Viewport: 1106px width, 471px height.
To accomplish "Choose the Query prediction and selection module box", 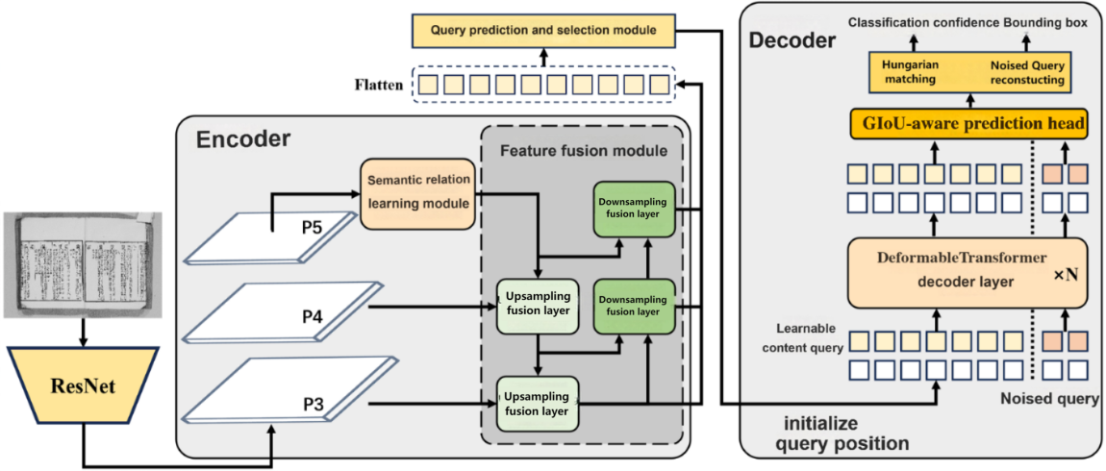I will [x=543, y=30].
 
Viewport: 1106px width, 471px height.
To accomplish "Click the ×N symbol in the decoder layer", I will [x=1066, y=274].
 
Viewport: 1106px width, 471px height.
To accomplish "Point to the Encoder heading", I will [x=242, y=139].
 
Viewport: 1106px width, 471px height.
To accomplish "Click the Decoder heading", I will [x=792, y=40].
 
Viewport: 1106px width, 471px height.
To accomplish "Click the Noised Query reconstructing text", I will [x=1027, y=72].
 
